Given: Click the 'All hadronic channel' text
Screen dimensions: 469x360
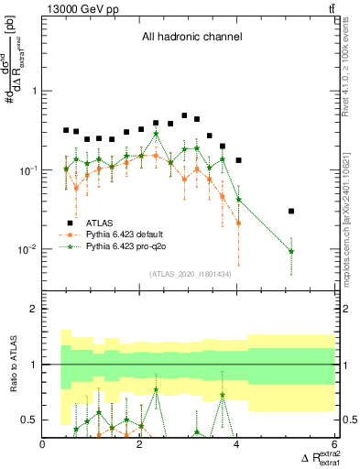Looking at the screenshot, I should [191, 38].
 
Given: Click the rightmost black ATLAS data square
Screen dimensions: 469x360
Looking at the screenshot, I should [291, 211].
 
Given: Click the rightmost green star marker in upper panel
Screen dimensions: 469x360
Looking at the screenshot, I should [291, 251].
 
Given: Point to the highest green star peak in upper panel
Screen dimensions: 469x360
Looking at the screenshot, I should [156, 134].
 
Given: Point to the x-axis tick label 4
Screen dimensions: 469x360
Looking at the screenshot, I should [238, 445].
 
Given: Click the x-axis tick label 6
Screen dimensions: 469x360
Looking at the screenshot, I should [335, 445].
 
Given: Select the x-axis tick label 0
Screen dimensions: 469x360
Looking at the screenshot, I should [43, 445].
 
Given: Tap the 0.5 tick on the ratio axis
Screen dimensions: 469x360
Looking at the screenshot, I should [28, 420].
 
